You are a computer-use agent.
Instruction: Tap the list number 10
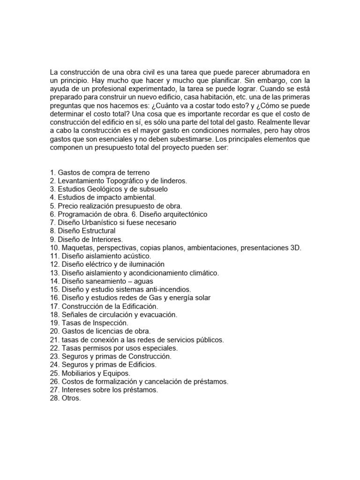(54, 248)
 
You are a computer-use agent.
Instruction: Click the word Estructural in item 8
(97, 231)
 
